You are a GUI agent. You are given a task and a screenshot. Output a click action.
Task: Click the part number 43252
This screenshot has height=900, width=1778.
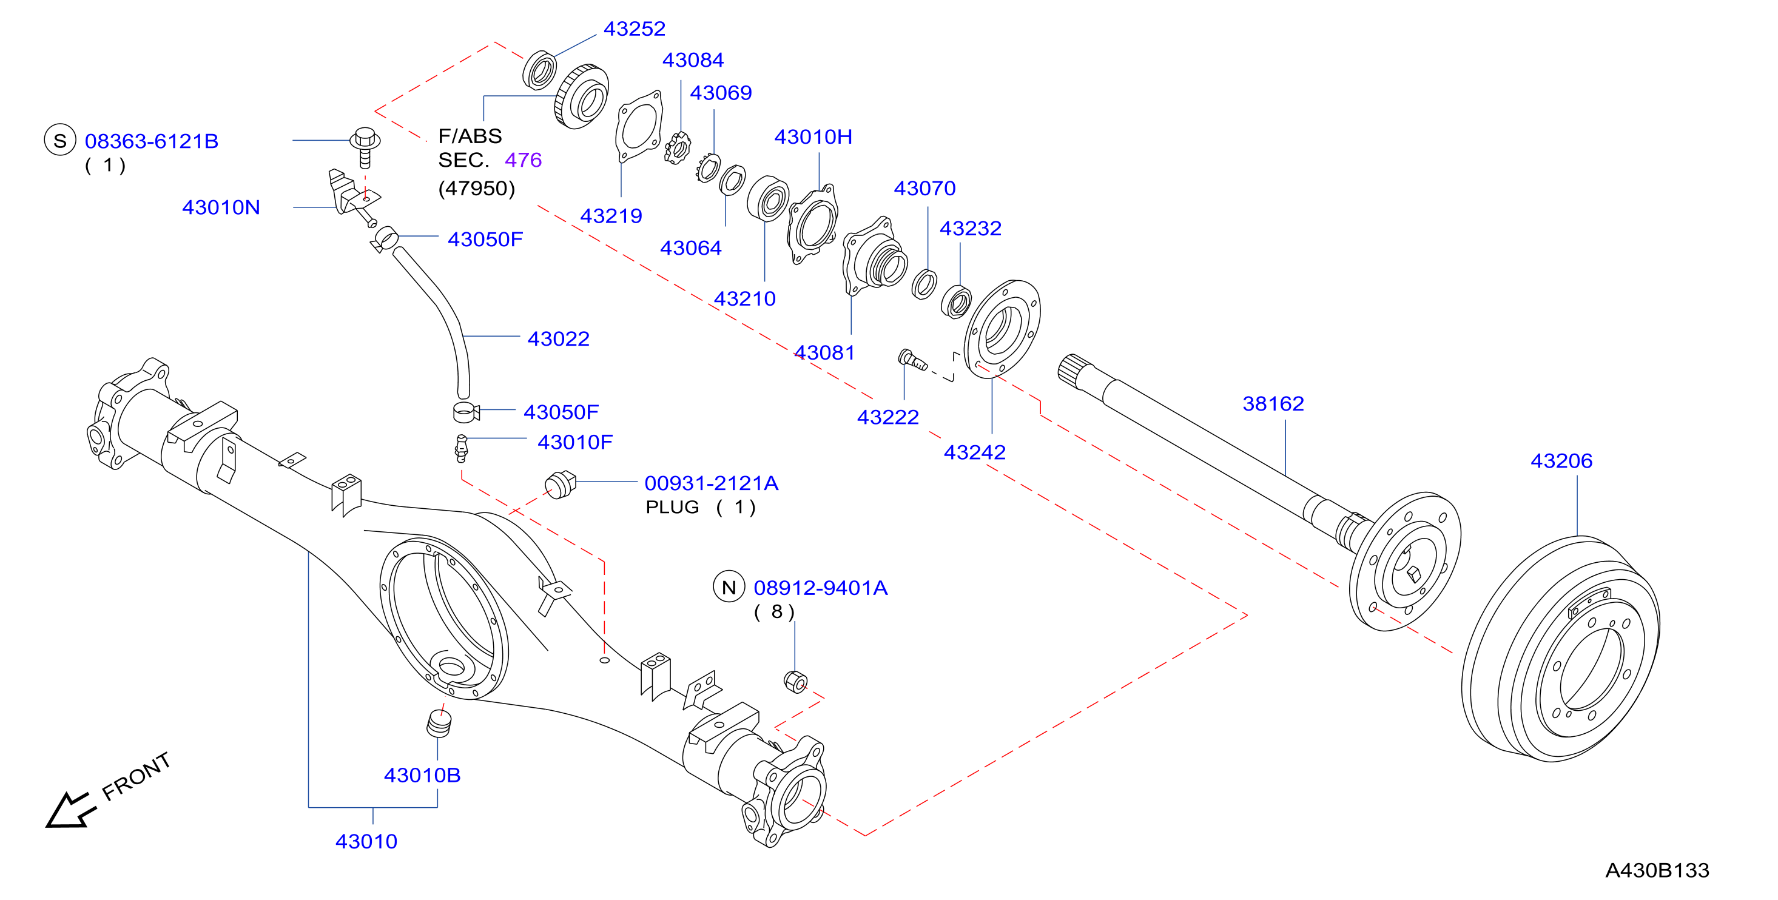click(x=635, y=29)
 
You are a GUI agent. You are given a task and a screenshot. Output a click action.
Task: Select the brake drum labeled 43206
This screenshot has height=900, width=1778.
click(x=1561, y=649)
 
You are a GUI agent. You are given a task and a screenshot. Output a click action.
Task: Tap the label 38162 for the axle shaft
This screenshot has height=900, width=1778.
click(x=1273, y=404)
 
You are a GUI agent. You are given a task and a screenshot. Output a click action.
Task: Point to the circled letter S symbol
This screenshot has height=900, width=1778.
click(x=60, y=140)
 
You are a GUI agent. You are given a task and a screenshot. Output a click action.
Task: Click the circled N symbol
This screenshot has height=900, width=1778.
click(x=729, y=587)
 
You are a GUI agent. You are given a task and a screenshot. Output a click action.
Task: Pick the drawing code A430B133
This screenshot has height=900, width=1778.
click(x=1657, y=870)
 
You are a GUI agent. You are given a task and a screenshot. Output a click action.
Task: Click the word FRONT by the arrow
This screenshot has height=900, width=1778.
click(x=136, y=776)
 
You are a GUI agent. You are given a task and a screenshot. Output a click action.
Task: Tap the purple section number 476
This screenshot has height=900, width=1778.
click(x=523, y=160)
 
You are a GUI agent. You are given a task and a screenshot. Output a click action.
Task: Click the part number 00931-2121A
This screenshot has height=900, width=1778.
click(x=711, y=483)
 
